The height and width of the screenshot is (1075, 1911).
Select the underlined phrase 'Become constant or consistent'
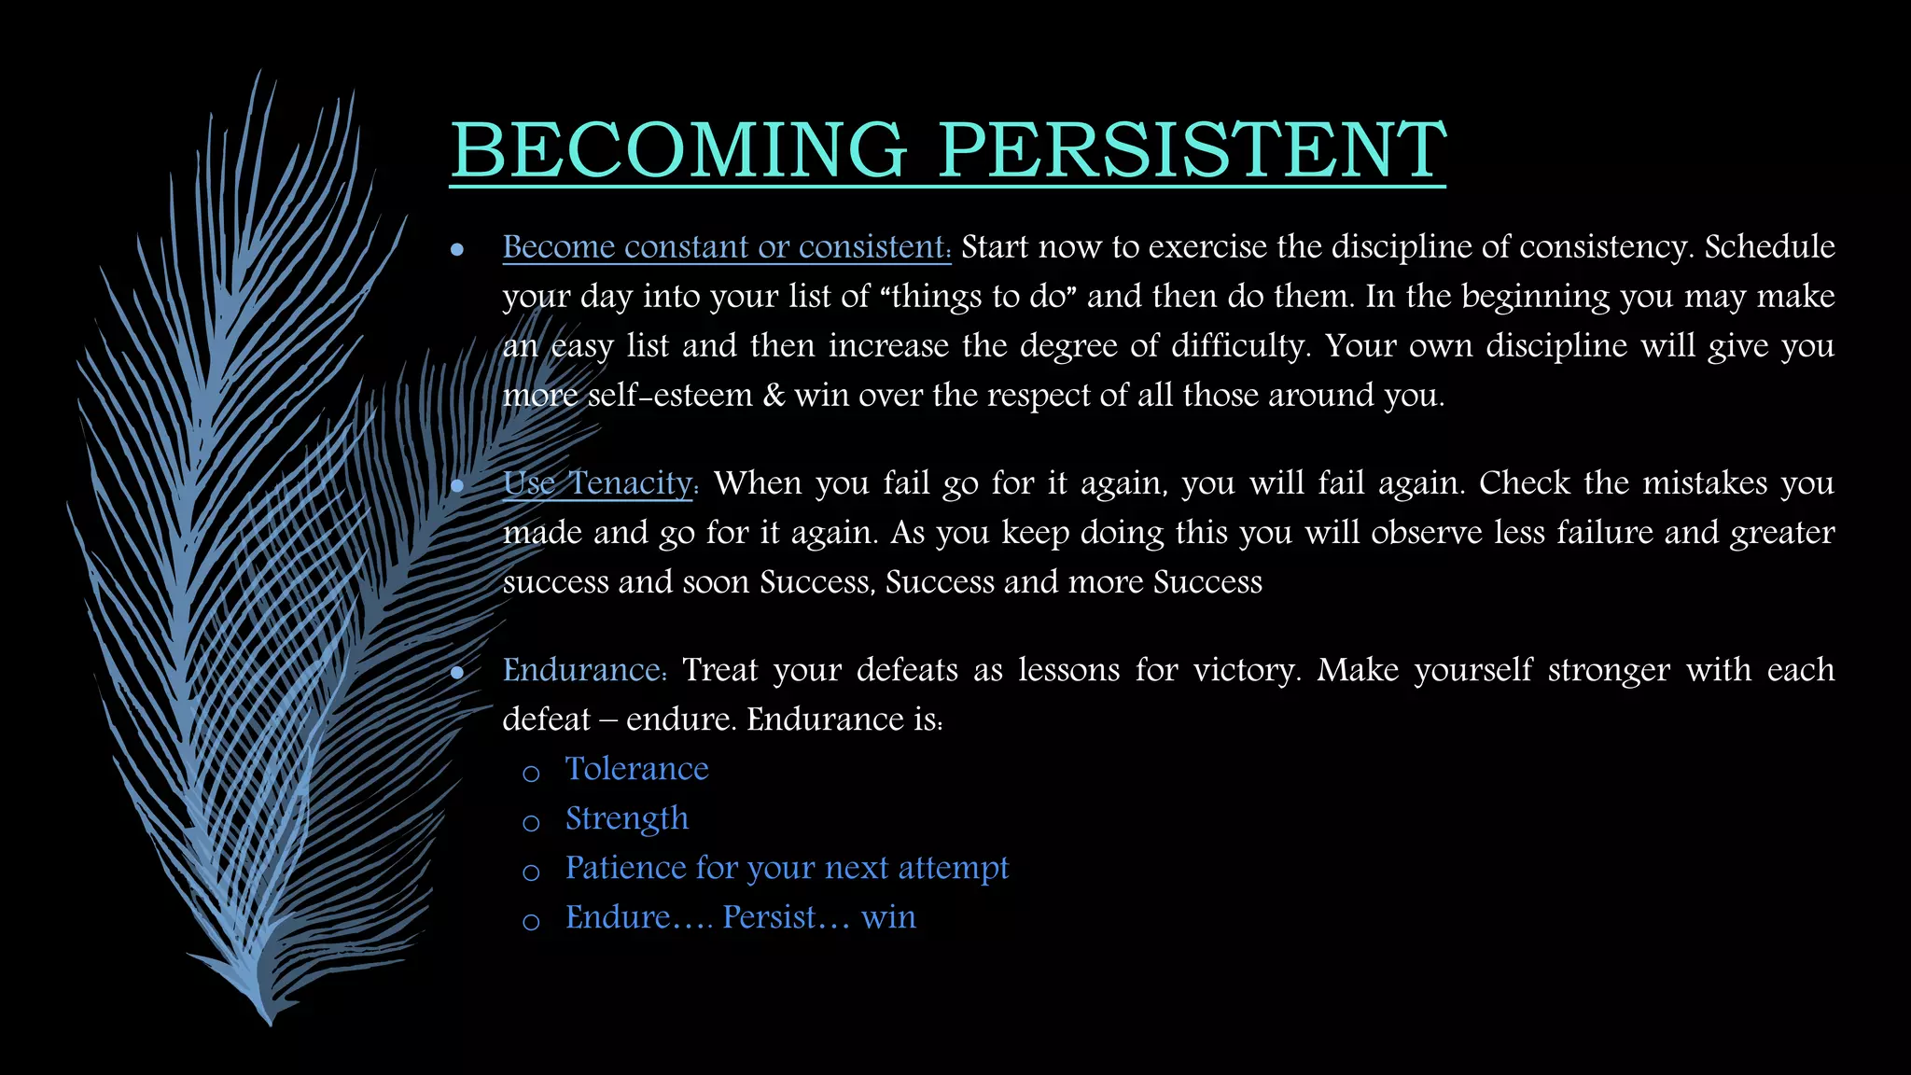pyautogui.click(x=726, y=246)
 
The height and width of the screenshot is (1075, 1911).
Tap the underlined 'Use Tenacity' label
pyautogui.click(x=597, y=483)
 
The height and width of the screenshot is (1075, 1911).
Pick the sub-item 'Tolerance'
pyautogui.click(x=636, y=769)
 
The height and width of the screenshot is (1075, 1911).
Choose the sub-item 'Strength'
pyautogui.click(x=627, y=818)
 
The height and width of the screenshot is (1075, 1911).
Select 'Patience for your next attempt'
pyautogui.click(x=787, y=868)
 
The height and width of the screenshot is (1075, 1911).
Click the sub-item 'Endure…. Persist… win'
pyautogui.click(x=740, y=917)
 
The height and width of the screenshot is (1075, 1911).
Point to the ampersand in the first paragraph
pyautogui.click(x=774, y=396)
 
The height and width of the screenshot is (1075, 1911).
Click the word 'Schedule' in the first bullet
pyautogui.click(x=1769, y=246)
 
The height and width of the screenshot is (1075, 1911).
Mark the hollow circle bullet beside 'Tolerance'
pyautogui.click(x=531, y=774)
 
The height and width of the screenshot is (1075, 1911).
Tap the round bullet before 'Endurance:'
pyautogui.click(x=457, y=673)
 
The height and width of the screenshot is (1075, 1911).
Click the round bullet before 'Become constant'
pyautogui.click(x=457, y=249)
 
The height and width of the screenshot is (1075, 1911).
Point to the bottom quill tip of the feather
pyautogui.click(x=270, y=1023)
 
